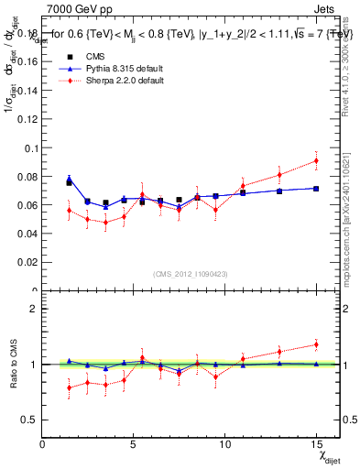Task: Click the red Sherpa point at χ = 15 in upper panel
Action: click(316, 160)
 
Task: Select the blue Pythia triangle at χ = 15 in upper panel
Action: click(316, 189)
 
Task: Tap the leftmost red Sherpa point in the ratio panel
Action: click(69, 387)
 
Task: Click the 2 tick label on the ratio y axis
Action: click(34, 309)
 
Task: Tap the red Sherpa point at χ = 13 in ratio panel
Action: click(279, 352)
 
